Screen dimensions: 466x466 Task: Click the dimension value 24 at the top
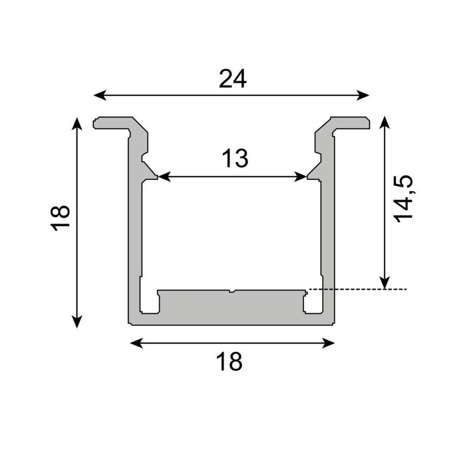(x=233, y=79)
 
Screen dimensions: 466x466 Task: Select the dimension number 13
(x=235, y=159)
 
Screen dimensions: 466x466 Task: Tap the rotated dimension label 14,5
(x=404, y=198)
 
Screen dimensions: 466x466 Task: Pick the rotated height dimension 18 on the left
(x=61, y=218)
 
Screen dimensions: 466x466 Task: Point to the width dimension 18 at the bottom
(x=229, y=362)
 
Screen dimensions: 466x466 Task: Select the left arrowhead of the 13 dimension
(x=162, y=177)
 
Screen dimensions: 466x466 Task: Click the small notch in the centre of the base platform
(x=232, y=291)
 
